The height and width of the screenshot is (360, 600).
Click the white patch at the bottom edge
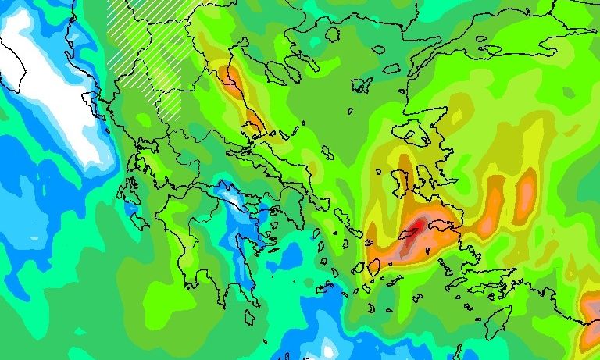(x=328, y=348)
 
